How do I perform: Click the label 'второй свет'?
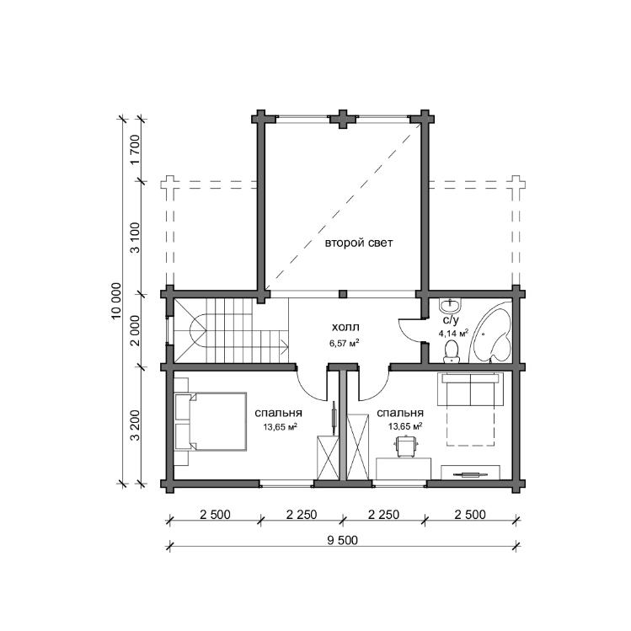(x=359, y=243)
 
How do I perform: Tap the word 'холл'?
(x=345, y=327)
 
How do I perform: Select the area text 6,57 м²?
(x=344, y=343)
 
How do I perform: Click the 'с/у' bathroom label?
(x=451, y=320)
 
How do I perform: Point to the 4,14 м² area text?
(x=453, y=334)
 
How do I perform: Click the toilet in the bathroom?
(x=451, y=351)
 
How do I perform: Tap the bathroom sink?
(x=450, y=307)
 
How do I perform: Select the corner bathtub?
(x=491, y=333)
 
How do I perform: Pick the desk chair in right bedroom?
(x=406, y=446)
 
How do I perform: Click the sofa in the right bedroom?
(x=471, y=389)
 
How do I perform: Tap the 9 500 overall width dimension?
(x=342, y=540)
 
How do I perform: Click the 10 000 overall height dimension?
(x=116, y=301)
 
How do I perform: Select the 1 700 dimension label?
(x=135, y=149)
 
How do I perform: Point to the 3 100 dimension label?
(x=135, y=238)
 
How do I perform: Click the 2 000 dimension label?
(x=135, y=330)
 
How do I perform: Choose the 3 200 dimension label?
(x=135, y=425)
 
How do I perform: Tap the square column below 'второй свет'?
(x=343, y=294)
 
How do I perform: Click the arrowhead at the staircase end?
(x=285, y=345)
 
